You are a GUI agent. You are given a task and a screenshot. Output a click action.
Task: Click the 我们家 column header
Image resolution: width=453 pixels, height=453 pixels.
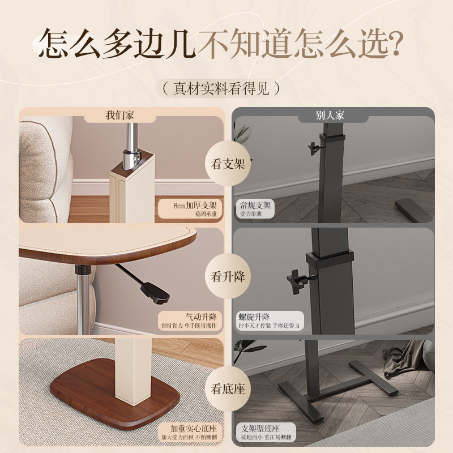coord(120,116)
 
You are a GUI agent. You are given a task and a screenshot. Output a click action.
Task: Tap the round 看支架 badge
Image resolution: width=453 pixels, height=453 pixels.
coord(226,165)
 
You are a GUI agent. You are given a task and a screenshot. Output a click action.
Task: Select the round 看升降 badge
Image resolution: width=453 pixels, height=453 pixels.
coord(226,277)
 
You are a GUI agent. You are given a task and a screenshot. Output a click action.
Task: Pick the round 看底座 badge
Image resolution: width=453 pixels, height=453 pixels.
coord(226,389)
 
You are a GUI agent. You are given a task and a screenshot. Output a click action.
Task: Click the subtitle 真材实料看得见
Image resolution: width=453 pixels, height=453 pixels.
coord(220,88)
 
